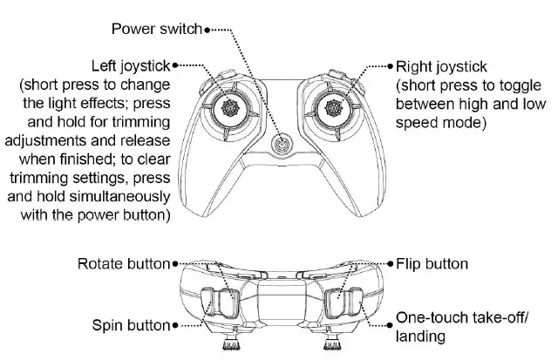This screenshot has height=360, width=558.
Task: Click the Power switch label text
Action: [156, 29]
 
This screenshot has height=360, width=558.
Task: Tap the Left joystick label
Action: [132, 65]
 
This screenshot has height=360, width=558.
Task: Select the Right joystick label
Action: [442, 65]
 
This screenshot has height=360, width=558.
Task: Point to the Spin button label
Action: [131, 325]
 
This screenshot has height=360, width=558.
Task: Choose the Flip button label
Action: [432, 263]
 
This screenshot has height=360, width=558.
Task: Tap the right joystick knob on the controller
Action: [333, 107]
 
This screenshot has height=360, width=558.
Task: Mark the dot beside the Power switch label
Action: [206, 30]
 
